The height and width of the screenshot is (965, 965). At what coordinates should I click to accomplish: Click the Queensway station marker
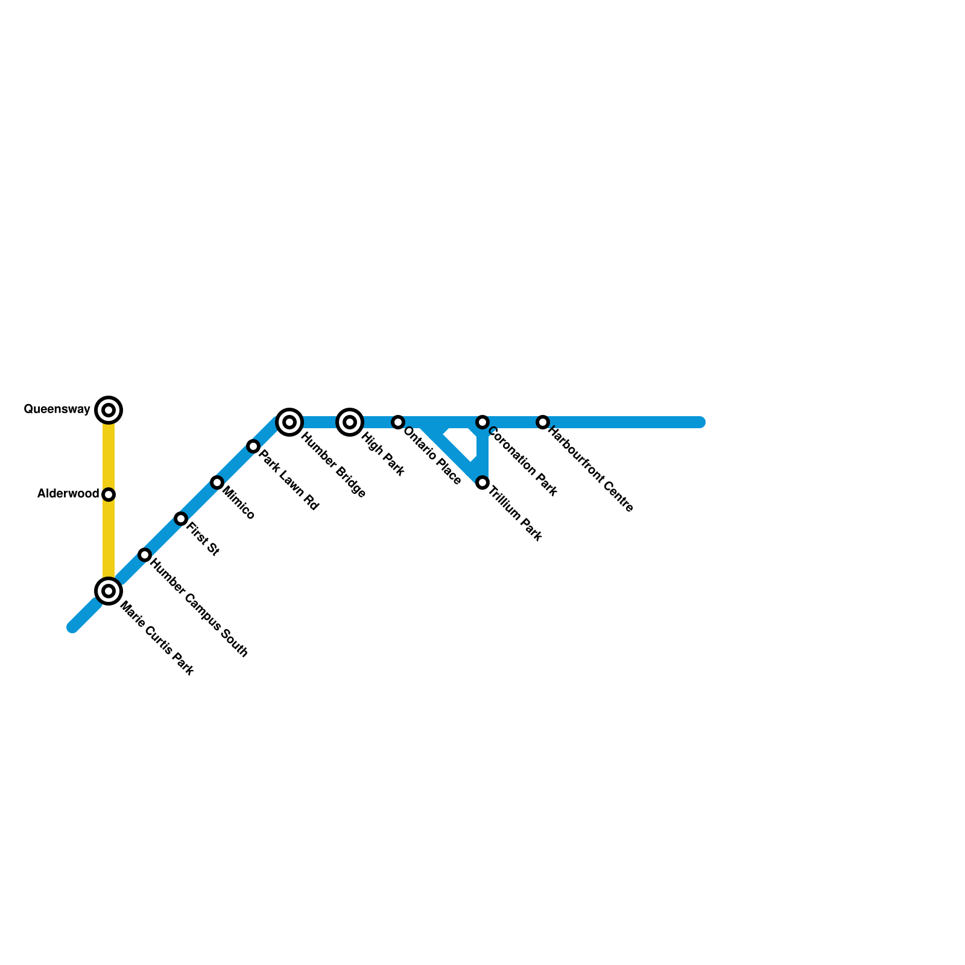coord(109,410)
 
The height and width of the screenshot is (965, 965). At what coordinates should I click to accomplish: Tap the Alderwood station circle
coord(109,495)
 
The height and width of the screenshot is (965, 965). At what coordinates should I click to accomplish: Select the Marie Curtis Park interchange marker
coord(109,591)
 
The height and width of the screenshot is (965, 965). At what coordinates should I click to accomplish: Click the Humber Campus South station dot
coord(145,555)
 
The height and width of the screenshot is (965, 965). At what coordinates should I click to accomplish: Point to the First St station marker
coord(181,519)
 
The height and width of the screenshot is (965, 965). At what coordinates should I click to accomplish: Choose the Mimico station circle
coord(217,482)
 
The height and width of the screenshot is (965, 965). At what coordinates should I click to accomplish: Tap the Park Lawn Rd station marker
coord(253,446)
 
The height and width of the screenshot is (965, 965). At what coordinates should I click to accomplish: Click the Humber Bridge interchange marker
coord(289,422)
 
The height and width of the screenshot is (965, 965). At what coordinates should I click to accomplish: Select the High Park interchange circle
coord(350,422)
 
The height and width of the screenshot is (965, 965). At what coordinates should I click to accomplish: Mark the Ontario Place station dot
coord(398,422)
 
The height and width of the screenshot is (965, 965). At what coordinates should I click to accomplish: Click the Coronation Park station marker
coord(482,422)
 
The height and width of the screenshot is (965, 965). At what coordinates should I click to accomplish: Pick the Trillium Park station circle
coord(482,482)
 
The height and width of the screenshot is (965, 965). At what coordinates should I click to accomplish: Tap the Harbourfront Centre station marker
coord(543,422)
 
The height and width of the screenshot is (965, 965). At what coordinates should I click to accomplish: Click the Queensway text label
coord(57,410)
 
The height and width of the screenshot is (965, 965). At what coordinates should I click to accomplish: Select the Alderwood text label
coord(68,494)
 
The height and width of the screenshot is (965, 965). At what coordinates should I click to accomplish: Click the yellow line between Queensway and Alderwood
coord(109,452)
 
